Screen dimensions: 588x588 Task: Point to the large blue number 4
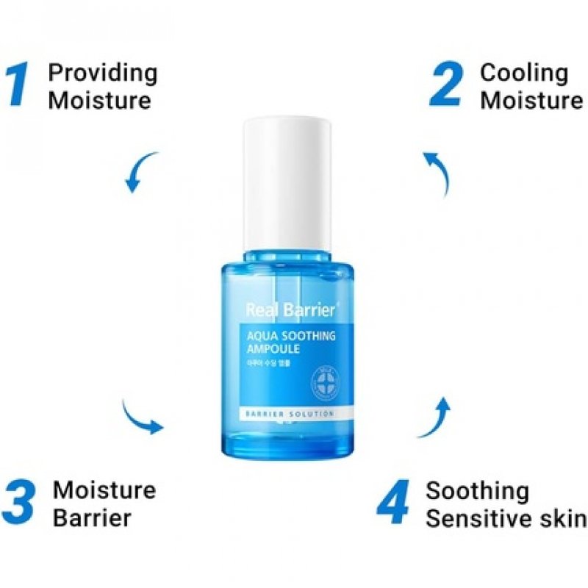[x=395, y=503]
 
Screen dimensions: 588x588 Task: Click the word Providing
[x=102, y=73]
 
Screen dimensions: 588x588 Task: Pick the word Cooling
[x=523, y=73]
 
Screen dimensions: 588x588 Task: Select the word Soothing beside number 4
[x=477, y=490]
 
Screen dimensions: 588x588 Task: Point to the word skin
[x=563, y=517]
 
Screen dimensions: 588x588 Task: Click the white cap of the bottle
[x=287, y=184]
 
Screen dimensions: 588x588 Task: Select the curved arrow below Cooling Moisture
[x=438, y=172]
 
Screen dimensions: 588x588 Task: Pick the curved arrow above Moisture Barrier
[x=142, y=417]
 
